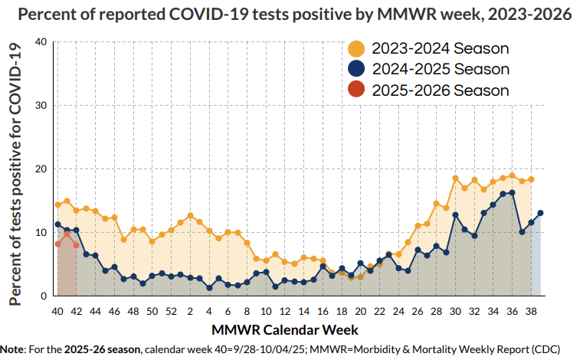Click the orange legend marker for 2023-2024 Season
(356, 48)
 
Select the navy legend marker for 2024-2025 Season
(356, 69)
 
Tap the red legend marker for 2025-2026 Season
(356, 90)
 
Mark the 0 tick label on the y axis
(44, 296)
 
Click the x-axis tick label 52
(171, 312)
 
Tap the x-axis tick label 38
(531, 312)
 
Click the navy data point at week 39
(540, 213)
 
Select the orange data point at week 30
(455, 178)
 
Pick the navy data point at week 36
(512, 193)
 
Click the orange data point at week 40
(57, 205)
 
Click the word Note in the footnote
(15, 349)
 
